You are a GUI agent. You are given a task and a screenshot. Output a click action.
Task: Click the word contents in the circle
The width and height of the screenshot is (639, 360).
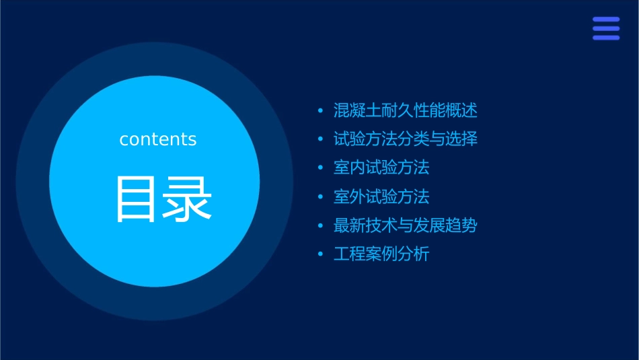pyautogui.click(x=157, y=139)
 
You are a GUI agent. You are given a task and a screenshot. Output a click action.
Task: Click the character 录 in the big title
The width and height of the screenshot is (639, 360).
pyautogui.click(x=185, y=199)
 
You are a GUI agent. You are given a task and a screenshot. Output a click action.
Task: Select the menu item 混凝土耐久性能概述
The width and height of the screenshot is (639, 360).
pyautogui.click(x=405, y=110)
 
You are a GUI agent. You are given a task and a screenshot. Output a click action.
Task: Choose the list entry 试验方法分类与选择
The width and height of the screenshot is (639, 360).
pyautogui.click(x=405, y=139)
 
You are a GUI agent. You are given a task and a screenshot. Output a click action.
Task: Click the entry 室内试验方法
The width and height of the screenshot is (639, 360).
pyautogui.click(x=381, y=167)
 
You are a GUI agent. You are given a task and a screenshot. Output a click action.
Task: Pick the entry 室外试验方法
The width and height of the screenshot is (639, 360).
pyautogui.click(x=381, y=196)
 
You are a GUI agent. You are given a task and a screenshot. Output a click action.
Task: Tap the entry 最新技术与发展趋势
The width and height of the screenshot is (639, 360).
pyautogui.click(x=405, y=225)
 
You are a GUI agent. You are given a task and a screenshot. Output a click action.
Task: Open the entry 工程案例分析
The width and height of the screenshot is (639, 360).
pyautogui.click(x=381, y=254)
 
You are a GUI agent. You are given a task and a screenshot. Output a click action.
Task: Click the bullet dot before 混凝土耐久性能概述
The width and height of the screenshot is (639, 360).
pyautogui.click(x=320, y=110)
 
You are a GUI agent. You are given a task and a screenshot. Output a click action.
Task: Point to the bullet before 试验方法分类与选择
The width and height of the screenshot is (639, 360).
pyautogui.click(x=320, y=139)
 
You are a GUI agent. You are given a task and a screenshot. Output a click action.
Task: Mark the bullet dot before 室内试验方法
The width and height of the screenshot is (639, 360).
pyautogui.click(x=320, y=168)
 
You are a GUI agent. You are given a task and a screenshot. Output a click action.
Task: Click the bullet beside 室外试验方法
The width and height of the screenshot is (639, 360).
pyautogui.click(x=320, y=197)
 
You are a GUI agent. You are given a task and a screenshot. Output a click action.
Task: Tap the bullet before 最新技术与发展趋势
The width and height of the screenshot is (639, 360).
pyautogui.click(x=320, y=226)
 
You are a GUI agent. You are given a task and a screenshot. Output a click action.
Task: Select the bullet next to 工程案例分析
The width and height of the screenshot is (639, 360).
pyautogui.click(x=320, y=255)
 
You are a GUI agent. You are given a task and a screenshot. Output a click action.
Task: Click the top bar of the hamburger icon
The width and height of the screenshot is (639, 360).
pyautogui.click(x=606, y=20)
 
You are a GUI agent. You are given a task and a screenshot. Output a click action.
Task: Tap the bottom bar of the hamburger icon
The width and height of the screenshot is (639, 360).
pyautogui.click(x=606, y=38)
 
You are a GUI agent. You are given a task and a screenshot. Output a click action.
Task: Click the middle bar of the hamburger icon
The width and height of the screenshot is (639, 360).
pyautogui.click(x=606, y=29)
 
